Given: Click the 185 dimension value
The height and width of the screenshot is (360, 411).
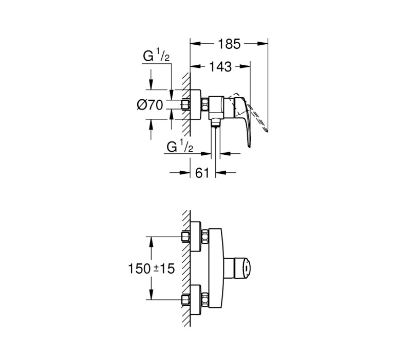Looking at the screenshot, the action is click(x=229, y=44).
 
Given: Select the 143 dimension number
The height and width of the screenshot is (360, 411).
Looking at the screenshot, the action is click(x=220, y=67).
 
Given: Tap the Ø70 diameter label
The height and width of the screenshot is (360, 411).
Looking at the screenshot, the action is click(x=150, y=105).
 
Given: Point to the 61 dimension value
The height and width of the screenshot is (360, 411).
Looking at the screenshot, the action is click(x=202, y=173).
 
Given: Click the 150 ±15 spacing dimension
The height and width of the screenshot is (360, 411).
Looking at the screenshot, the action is click(x=152, y=268).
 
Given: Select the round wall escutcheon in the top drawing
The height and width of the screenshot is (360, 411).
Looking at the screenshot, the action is click(x=196, y=105).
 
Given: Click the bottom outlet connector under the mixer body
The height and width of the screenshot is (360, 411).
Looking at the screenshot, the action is click(x=215, y=123).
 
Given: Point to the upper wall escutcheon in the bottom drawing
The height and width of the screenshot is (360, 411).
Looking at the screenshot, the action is click(x=196, y=237).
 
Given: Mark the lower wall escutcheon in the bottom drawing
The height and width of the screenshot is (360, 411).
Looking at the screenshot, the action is click(x=196, y=299).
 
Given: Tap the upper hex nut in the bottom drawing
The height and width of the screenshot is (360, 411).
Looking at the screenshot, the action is click(x=204, y=237).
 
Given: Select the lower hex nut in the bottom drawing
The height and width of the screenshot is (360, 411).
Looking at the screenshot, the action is click(x=204, y=299).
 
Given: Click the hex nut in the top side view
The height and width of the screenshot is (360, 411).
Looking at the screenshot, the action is click(x=204, y=105).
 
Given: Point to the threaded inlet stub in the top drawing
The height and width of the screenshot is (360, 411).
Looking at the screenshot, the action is click(x=185, y=105).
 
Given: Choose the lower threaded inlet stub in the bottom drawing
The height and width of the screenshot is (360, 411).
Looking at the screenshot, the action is click(x=185, y=299).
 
